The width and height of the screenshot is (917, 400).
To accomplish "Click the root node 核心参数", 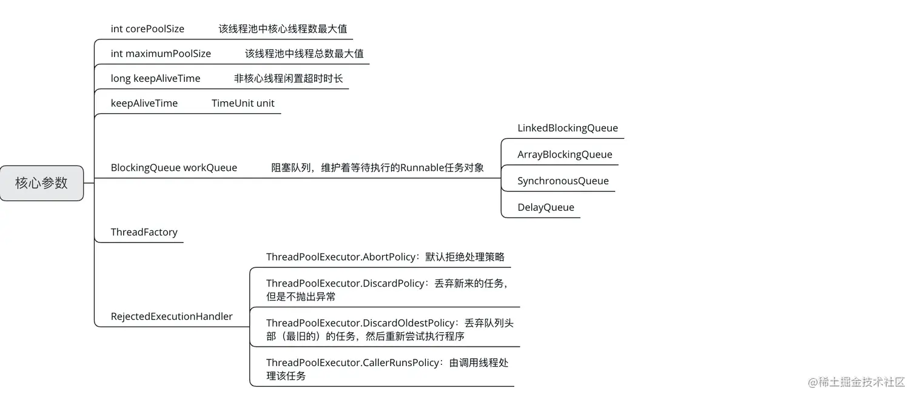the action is (x=41, y=183).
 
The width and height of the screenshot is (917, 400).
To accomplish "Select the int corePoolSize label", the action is (x=147, y=28).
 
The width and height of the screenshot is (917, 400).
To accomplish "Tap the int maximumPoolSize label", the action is (x=161, y=53).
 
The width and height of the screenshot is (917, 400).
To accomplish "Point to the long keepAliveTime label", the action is (x=155, y=78).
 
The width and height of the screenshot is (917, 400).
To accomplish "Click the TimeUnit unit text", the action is (x=243, y=103).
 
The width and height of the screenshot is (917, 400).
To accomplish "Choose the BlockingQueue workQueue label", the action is (x=173, y=167).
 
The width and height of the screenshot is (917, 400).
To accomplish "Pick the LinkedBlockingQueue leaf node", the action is (x=567, y=128).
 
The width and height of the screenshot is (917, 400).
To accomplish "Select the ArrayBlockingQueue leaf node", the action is (x=565, y=154).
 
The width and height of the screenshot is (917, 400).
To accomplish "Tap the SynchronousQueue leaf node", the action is (x=563, y=181).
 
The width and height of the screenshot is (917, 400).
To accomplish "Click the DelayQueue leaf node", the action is (x=545, y=207).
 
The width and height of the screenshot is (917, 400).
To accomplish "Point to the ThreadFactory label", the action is (x=144, y=232).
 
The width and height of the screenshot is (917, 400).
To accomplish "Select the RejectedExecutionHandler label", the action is (x=172, y=316).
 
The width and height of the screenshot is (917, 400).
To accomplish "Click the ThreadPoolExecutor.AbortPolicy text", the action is (x=340, y=256).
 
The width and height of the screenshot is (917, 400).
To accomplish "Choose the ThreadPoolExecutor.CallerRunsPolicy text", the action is (x=352, y=362).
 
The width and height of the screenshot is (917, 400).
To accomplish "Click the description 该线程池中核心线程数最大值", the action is (x=283, y=28).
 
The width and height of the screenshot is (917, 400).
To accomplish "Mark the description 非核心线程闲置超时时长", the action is (x=288, y=78).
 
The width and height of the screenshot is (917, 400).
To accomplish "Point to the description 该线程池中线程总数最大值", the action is (x=304, y=53).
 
